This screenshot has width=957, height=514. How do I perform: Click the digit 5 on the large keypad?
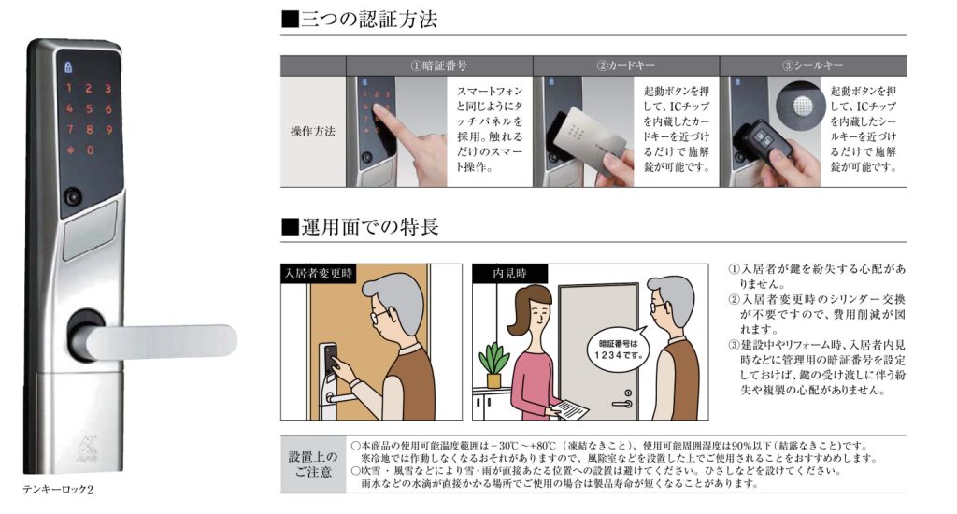(x=89, y=109)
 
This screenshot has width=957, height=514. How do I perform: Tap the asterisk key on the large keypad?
(x=71, y=150)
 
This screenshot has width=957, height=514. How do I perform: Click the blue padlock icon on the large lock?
(x=67, y=66)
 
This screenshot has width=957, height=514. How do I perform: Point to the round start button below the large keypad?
(x=73, y=197)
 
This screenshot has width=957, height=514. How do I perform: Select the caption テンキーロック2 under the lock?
(x=58, y=490)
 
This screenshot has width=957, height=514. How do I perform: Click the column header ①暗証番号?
(x=439, y=65)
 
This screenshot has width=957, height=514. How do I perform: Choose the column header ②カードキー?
(x=625, y=65)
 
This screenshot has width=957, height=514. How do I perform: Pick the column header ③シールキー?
(x=812, y=65)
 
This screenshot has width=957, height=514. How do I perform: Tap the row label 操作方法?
(x=313, y=131)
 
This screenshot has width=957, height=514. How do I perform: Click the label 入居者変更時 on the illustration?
(x=318, y=274)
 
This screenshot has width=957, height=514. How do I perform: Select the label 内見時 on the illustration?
(x=509, y=274)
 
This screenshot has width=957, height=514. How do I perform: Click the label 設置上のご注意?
(x=313, y=464)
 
